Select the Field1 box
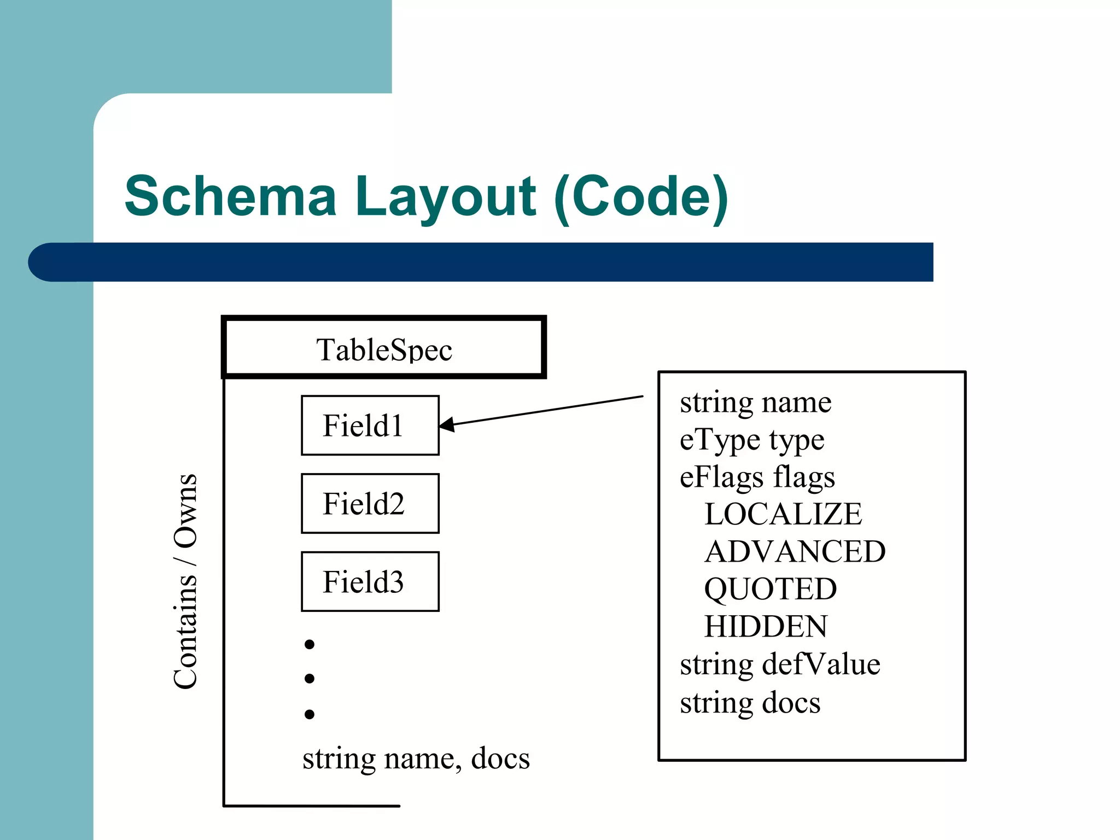click(370, 425)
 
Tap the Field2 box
click(370, 504)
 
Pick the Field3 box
click(370, 581)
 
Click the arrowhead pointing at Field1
click(446, 424)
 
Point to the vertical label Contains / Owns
click(185, 581)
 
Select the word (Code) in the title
click(640, 197)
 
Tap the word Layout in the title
click(445, 197)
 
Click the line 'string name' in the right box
click(755, 403)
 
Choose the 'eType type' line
click(751, 440)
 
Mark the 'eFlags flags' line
click(757, 477)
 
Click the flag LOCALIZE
click(783, 515)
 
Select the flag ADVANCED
click(795, 552)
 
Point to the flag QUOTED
click(770, 590)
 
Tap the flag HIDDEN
click(766, 627)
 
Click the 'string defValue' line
click(780, 665)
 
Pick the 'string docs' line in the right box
click(750, 703)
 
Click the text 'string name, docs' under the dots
click(416, 759)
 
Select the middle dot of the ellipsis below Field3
click(310, 679)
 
